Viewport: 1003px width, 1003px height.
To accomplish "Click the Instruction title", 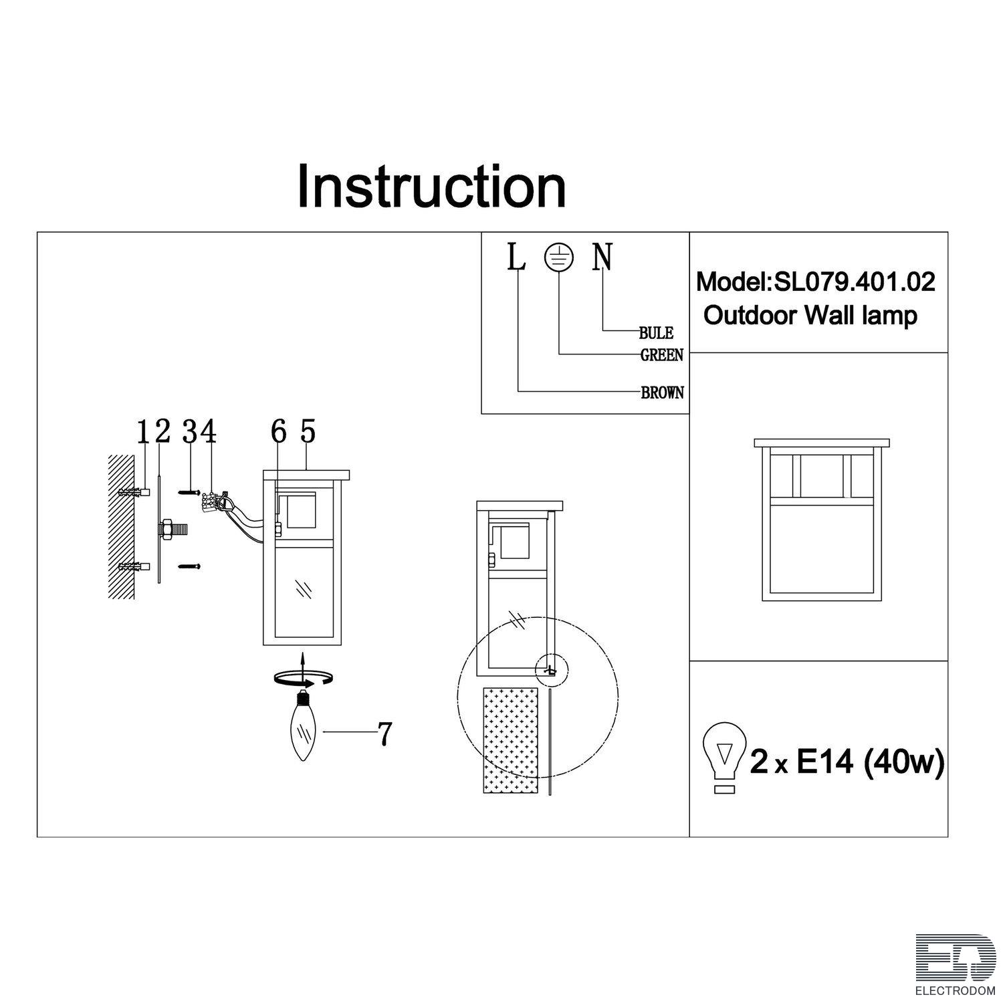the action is coord(431,185).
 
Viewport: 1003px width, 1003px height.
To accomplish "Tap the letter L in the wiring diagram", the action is coord(516,257).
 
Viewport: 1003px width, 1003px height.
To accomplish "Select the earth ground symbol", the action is coord(559,256).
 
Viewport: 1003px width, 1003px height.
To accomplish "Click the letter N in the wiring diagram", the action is coord(602,257).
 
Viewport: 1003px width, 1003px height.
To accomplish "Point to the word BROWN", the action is coord(663,393).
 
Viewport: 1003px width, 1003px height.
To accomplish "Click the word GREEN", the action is coord(662,355).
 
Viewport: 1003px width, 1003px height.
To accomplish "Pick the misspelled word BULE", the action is coord(656,333).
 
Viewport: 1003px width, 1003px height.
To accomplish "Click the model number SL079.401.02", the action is coord(855,282).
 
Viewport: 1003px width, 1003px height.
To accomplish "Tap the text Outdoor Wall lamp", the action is coord(810,315).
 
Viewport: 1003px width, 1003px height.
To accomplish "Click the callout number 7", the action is coord(384,734).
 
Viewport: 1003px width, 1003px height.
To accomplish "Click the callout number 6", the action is coord(279,431).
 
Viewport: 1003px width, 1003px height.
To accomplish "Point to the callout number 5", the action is coord(307,431).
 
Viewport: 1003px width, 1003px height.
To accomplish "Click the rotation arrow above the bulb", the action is coord(304,679).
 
